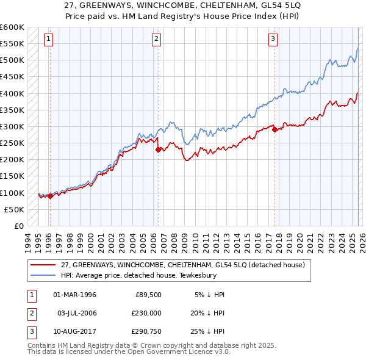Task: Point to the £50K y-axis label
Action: click(15, 209)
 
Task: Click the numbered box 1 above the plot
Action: click(49, 40)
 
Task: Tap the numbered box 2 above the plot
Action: click(156, 40)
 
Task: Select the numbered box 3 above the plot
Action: click(273, 40)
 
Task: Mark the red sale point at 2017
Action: click(274, 129)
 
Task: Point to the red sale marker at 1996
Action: click(50, 196)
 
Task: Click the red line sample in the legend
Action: click(44, 265)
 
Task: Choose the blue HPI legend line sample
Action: click(44, 275)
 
